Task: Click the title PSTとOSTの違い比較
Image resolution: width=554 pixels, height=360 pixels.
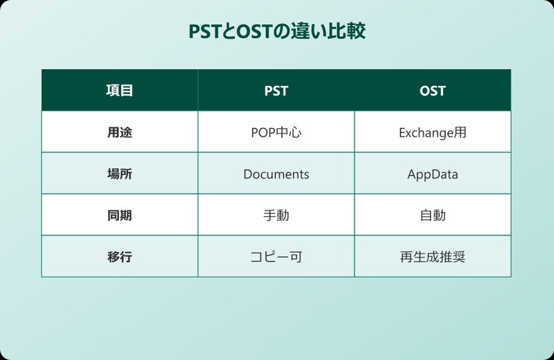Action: pyautogui.click(x=276, y=33)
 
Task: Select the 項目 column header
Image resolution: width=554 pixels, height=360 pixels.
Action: pyautogui.click(x=119, y=91)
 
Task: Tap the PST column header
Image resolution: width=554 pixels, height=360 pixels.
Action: pyautogui.click(x=276, y=91)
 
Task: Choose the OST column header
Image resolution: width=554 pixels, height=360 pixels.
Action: pyautogui.click(x=433, y=91)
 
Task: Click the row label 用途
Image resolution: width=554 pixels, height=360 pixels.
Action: pyautogui.click(x=119, y=132)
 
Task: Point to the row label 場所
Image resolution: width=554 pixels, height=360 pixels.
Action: pyautogui.click(x=119, y=174)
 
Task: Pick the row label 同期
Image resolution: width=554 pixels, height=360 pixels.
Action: pyautogui.click(x=119, y=215)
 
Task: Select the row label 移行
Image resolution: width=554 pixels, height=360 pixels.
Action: pyautogui.click(x=119, y=257)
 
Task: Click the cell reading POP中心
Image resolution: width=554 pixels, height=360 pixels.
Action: pyautogui.click(x=276, y=132)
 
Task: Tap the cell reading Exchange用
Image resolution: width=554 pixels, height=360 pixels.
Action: pyautogui.click(x=433, y=132)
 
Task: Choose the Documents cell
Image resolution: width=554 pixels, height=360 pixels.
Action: pyautogui.click(x=276, y=174)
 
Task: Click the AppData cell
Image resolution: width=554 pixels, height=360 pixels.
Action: pyautogui.click(x=433, y=174)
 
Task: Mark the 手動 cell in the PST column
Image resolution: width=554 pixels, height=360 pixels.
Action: pyautogui.click(x=276, y=215)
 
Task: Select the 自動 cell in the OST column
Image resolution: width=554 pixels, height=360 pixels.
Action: pyautogui.click(x=433, y=215)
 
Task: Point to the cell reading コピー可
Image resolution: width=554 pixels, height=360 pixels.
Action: pyautogui.click(x=276, y=257)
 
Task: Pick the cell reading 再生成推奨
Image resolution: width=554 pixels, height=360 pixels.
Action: pyautogui.click(x=433, y=257)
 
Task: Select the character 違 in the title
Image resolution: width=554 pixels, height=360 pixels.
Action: pyautogui.click(x=298, y=33)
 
